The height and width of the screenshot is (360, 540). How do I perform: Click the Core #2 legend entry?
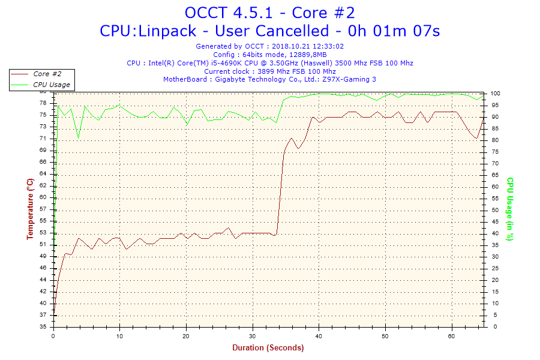[x=47, y=74]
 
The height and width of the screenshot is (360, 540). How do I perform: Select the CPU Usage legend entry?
[x=51, y=85]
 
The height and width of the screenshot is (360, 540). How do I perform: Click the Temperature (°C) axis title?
[x=30, y=209]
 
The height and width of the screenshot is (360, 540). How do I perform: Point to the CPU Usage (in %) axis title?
[x=510, y=209]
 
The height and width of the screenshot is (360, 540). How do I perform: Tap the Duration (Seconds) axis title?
[x=268, y=347]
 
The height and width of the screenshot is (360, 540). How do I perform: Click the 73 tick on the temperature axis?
[x=43, y=126]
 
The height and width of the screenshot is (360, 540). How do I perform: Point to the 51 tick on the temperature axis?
[x=43, y=244]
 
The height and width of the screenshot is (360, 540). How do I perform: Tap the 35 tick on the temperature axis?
[x=43, y=327]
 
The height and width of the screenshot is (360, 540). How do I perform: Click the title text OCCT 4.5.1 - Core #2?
[x=274, y=13]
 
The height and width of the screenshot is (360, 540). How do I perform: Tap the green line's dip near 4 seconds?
[x=78, y=139]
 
